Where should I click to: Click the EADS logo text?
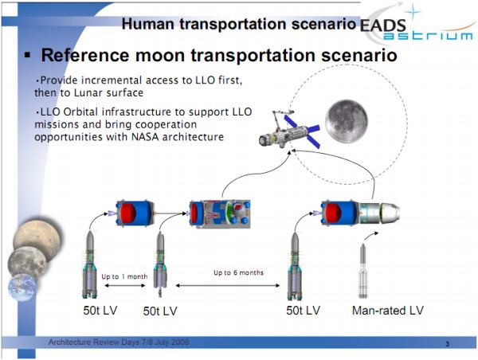pos(383,25)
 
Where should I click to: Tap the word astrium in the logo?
pos(428,37)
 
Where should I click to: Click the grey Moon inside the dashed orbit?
pos(347,121)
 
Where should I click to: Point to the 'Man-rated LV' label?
pos(388,311)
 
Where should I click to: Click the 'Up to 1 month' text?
pos(124,276)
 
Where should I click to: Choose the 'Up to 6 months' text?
pos(238,272)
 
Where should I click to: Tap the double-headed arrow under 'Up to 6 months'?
pos(228,285)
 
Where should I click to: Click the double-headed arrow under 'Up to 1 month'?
pos(125,286)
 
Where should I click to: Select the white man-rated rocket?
pos(362,271)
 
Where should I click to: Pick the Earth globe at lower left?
pos(22,288)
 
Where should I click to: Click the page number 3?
pos(447,344)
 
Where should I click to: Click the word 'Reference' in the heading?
pos(85,56)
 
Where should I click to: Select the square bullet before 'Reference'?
pos(27,55)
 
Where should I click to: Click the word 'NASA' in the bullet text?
pos(145,137)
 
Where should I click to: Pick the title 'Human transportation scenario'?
pos(239,24)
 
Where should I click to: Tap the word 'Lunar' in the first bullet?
pos(89,92)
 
